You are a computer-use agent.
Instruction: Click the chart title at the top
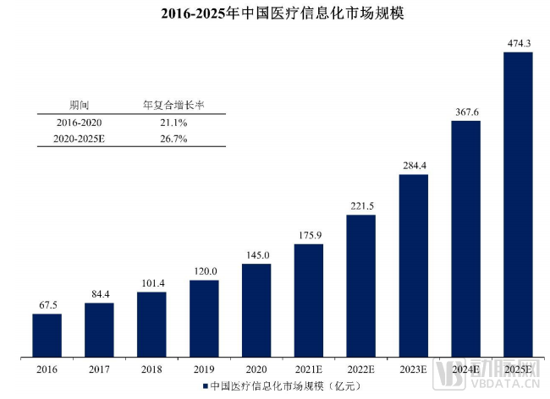pyautogui.click(x=275, y=14)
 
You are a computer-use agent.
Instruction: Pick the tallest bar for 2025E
pyautogui.click(x=518, y=204)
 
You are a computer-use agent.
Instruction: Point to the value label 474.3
pyautogui.click(x=518, y=42)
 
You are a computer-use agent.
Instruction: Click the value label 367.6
pyautogui.click(x=465, y=111)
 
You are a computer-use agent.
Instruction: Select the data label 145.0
pyautogui.click(x=256, y=254)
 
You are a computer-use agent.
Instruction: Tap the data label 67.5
pyautogui.click(x=47, y=304)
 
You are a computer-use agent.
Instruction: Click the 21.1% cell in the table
pyautogui.click(x=173, y=123)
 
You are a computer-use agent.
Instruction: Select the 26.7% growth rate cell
pyautogui.click(x=173, y=139)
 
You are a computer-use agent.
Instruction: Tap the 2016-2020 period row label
pyautogui.click(x=79, y=123)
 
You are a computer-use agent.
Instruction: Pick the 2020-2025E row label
pyautogui.click(x=79, y=139)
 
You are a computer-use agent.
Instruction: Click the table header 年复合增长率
pyautogui.click(x=173, y=106)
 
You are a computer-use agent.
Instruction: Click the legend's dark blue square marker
pyautogui.click(x=204, y=386)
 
